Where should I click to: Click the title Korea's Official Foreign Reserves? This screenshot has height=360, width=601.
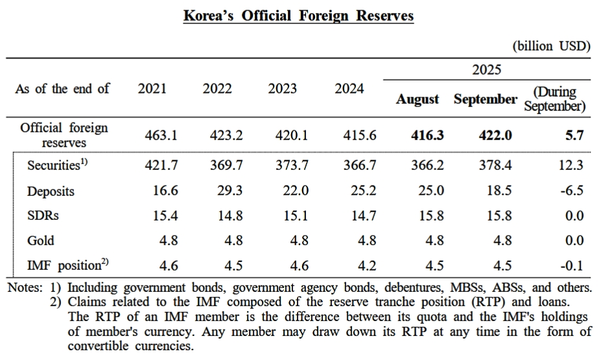coord(298,16)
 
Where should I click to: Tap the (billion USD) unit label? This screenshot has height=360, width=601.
coord(552,46)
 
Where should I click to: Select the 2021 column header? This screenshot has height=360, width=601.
coord(152,89)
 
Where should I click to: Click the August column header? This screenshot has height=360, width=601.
coord(418,99)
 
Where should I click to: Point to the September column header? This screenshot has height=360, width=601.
coord(486,99)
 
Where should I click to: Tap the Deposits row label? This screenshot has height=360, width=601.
coord(51,191)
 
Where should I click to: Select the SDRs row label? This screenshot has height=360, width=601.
coord(42,215)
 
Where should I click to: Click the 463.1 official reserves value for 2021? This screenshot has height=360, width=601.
coord(161,135)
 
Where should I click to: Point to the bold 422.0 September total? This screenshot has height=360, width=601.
coord(495,135)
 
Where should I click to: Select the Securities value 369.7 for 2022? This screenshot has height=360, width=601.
coord(226,165)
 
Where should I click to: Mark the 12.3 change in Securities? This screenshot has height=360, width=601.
coord(571,165)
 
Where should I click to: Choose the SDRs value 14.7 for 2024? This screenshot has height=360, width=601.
coord(363,216)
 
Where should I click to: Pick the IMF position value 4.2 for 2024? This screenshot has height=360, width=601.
coord(367,265)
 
